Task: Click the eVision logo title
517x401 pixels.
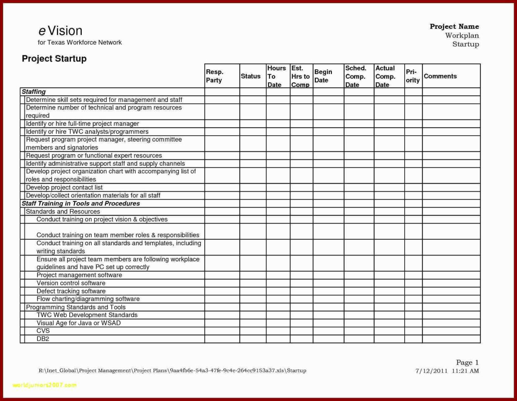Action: click(x=60, y=31)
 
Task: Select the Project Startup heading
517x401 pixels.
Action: click(x=54, y=59)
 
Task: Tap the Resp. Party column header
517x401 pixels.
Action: click(x=214, y=76)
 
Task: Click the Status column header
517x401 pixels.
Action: click(x=250, y=76)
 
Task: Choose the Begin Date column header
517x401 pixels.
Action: click(x=323, y=76)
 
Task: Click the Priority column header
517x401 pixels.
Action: click(x=412, y=76)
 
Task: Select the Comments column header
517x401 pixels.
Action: click(x=440, y=76)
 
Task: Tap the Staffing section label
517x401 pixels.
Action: click(x=33, y=92)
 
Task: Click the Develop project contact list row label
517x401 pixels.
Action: click(x=64, y=187)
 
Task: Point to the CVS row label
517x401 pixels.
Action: click(x=43, y=331)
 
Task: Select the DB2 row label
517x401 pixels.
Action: click(x=43, y=339)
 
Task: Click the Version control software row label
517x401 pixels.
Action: click(x=71, y=283)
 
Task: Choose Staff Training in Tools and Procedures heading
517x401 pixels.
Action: click(x=81, y=203)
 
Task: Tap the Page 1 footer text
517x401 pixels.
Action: click(x=467, y=363)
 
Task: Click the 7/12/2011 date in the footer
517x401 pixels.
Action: click(x=431, y=371)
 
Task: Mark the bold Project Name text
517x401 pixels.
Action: click(x=454, y=26)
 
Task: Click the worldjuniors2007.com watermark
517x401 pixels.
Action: click(x=44, y=385)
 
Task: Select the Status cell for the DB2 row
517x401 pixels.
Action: click(x=253, y=339)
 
